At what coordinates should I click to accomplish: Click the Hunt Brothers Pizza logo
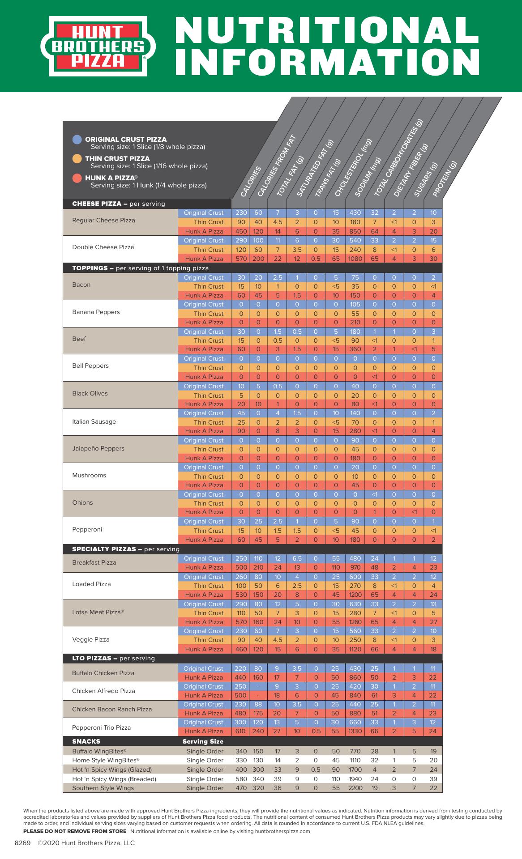click(x=98, y=46)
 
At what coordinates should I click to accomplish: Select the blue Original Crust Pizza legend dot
click(x=77, y=140)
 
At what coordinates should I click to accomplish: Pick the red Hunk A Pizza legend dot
click(x=77, y=178)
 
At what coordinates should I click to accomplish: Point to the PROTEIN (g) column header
click(x=445, y=179)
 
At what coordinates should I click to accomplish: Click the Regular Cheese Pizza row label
click(x=103, y=221)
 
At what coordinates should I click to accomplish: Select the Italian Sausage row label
click(x=94, y=421)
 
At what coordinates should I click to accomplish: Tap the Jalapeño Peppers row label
click(x=98, y=448)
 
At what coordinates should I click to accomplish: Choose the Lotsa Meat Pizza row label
click(x=98, y=612)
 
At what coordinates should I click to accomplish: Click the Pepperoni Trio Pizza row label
click(x=101, y=727)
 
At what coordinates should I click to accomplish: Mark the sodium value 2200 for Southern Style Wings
click(x=355, y=788)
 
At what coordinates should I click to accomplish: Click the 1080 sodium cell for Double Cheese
click(x=355, y=259)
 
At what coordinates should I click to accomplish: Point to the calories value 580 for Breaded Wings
click(x=241, y=779)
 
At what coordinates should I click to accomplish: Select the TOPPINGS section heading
click(x=90, y=268)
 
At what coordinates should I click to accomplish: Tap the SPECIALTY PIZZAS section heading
click(x=104, y=549)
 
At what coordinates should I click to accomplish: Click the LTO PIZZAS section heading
click(x=92, y=659)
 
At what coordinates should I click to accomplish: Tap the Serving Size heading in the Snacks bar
click(x=203, y=741)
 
